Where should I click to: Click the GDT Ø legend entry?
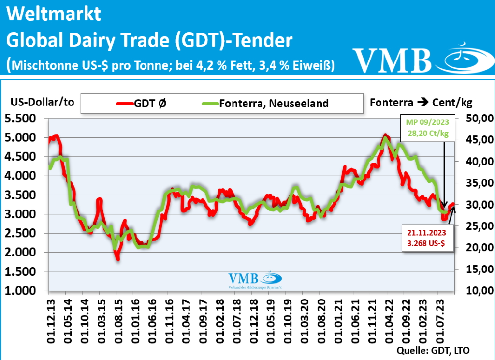pos(145,103)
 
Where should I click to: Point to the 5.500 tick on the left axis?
pos(23,118)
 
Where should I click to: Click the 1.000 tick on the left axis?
pos(23,291)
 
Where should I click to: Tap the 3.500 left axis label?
pos(23,195)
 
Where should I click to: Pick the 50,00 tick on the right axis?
pos(479,118)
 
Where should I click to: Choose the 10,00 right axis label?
pos(479,291)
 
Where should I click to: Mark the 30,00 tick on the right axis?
pos(479,205)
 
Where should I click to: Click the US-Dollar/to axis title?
pos(43,103)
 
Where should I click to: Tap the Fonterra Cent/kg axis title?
pos(421,103)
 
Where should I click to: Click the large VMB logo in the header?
pos(416,59)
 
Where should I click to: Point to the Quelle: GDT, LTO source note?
pos(433,350)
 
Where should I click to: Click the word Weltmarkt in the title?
pos(54,14)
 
